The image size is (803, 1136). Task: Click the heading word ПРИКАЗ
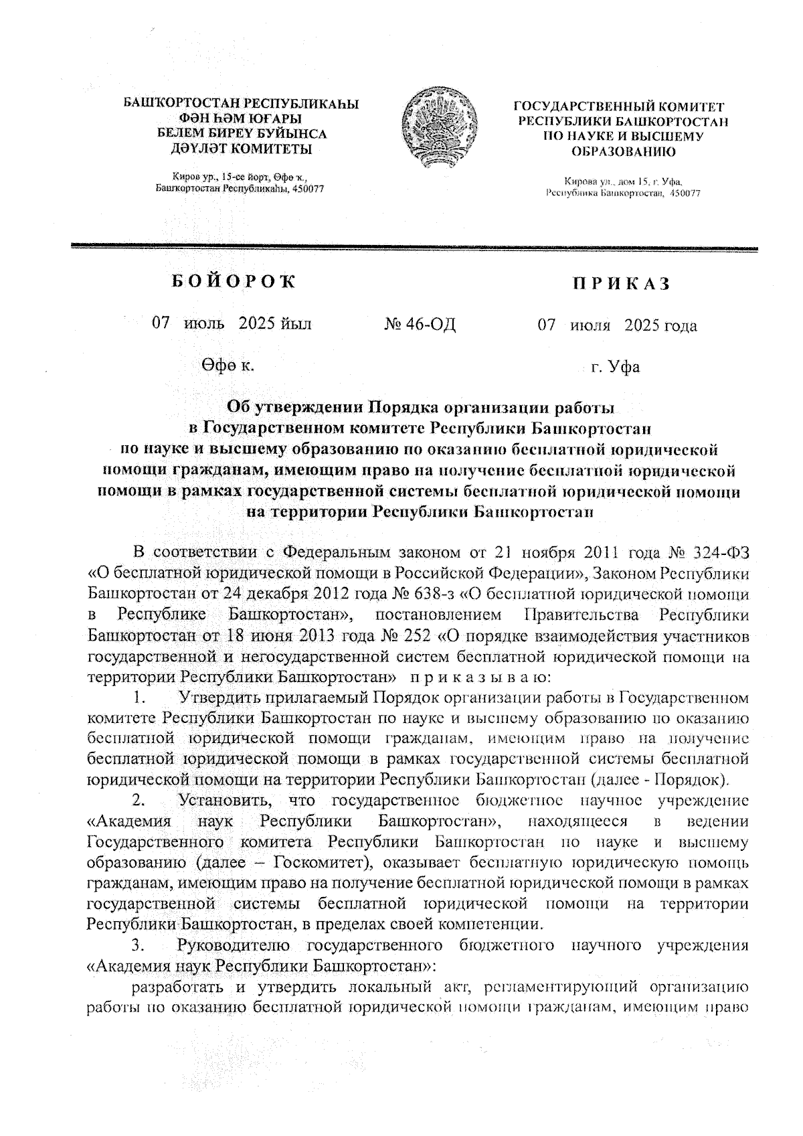click(x=620, y=285)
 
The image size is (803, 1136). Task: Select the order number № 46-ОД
click(x=420, y=325)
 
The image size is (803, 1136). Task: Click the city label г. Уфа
click(x=615, y=368)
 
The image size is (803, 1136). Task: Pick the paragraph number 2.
click(x=139, y=801)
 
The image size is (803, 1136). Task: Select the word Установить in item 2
click(x=224, y=801)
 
